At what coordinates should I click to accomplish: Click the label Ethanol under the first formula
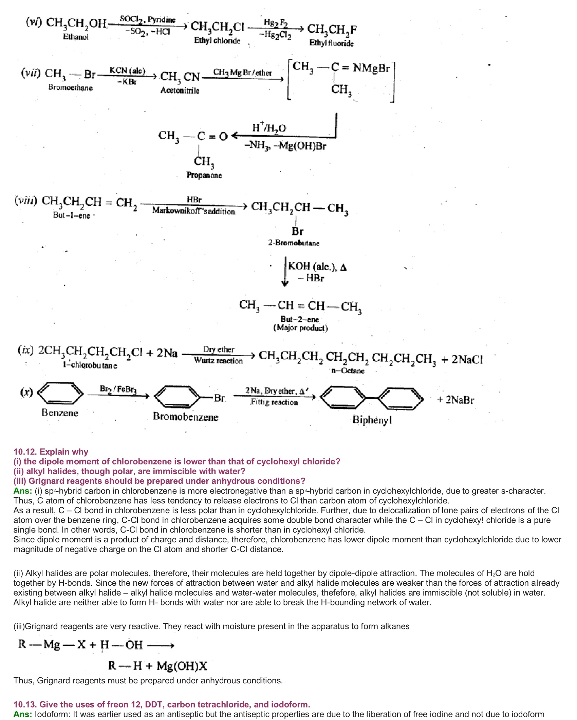(x=76, y=37)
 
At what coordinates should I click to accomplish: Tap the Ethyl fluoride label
(x=331, y=43)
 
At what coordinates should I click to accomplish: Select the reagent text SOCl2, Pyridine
(x=148, y=19)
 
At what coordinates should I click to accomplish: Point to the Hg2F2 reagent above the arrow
(x=276, y=23)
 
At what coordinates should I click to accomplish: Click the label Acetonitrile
(x=180, y=91)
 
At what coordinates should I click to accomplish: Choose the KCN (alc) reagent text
(x=127, y=71)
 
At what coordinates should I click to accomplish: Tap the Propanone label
(x=204, y=175)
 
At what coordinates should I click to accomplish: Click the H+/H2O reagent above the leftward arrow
(x=269, y=128)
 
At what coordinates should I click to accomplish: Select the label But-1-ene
(x=71, y=216)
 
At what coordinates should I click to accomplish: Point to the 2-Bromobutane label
(x=294, y=243)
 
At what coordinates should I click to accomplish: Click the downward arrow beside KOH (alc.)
(x=285, y=272)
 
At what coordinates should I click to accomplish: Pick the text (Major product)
(x=300, y=328)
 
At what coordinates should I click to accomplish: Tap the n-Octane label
(x=348, y=371)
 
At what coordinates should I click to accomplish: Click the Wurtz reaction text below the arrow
(x=218, y=361)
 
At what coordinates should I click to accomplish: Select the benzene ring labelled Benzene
(x=60, y=393)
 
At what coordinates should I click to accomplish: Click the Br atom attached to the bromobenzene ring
(x=219, y=398)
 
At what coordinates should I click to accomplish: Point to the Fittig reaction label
(x=274, y=402)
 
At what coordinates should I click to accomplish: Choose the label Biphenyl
(x=372, y=420)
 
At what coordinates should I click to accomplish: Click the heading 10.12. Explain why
(x=51, y=452)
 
